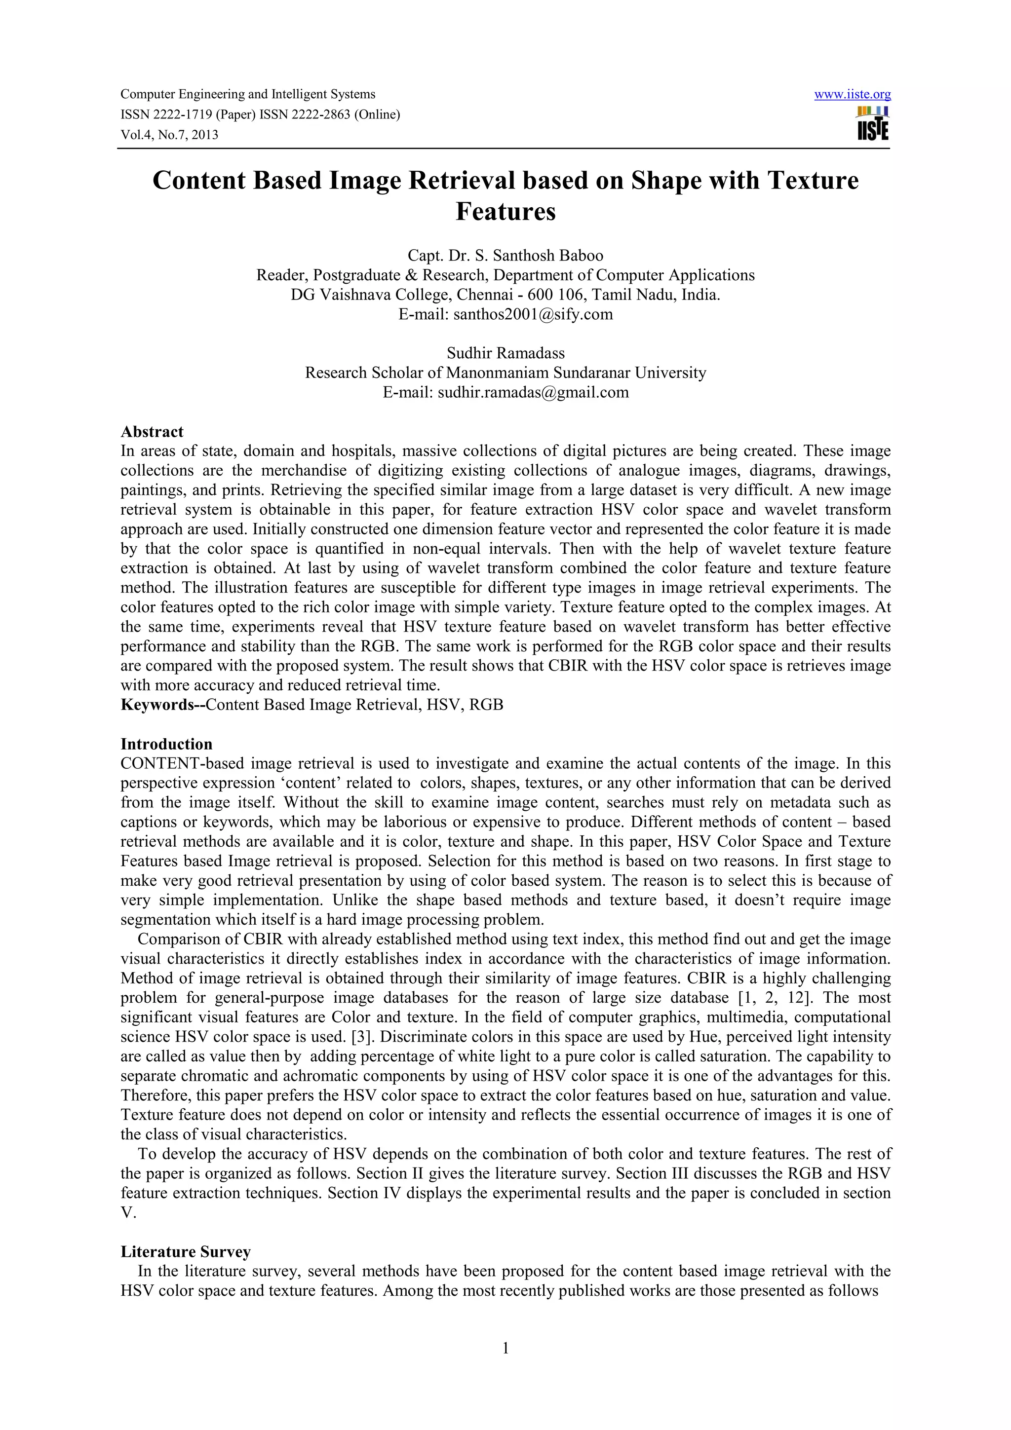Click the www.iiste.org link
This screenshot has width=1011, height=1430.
pos(852,95)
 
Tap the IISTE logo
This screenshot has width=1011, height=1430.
pos(873,123)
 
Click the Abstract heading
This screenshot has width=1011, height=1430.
pos(152,432)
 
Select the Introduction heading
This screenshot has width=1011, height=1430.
pos(166,744)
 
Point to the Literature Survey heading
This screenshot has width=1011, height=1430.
pos(186,1252)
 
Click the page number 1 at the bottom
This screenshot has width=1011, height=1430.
pos(505,1349)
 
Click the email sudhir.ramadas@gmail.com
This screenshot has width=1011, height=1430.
pos(533,392)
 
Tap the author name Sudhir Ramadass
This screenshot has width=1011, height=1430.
pos(505,353)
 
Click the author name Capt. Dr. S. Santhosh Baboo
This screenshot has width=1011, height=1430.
pos(505,256)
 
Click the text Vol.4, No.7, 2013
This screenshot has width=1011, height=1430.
pos(169,135)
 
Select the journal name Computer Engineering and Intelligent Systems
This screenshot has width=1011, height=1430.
pos(248,95)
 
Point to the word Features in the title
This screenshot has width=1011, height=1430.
pos(505,212)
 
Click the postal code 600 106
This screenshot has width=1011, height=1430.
pos(554,295)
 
